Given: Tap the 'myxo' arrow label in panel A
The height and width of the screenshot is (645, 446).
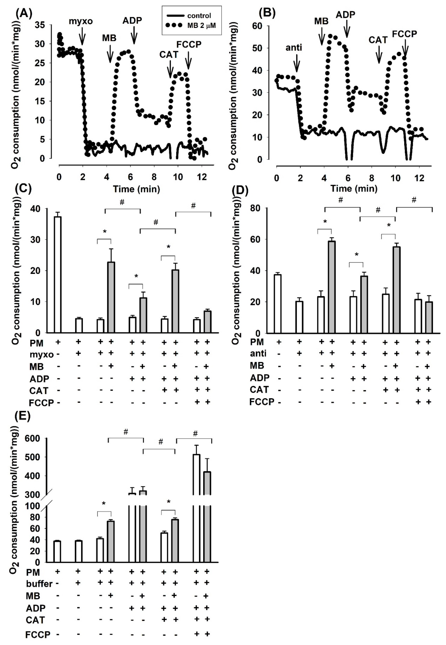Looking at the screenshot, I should click(81, 21).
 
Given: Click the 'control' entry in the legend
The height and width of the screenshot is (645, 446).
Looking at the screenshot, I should click(199, 16).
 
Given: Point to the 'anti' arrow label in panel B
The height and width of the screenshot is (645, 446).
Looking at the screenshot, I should click(294, 48).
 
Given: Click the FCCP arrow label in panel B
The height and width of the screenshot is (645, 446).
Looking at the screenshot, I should click(404, 34).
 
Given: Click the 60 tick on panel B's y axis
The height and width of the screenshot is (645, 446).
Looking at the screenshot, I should click(257, 26).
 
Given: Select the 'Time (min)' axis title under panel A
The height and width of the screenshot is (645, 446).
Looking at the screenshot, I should click(136, 189).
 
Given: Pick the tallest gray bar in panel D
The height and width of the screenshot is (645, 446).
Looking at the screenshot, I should click(332, 287).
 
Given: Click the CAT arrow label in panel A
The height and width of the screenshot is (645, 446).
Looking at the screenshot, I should click(169, 55).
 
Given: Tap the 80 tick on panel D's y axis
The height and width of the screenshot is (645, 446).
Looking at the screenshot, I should click(255, 208).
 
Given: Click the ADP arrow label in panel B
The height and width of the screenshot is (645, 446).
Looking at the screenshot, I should click(345, 15).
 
